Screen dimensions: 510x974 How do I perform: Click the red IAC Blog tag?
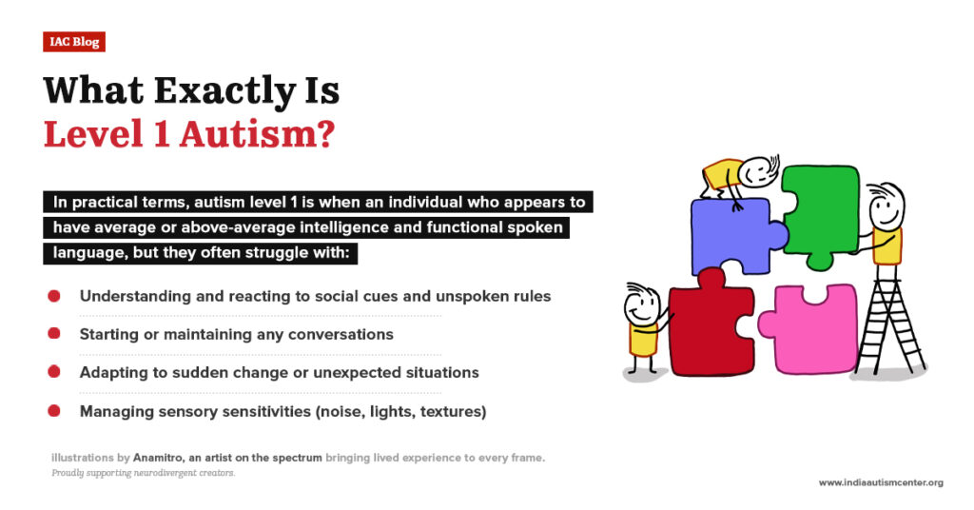pos(73,41)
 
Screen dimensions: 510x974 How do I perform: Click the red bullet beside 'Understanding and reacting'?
pos(54,296)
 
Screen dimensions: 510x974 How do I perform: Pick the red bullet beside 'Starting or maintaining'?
pos(54,334)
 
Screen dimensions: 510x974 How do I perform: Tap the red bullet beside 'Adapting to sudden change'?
pos(54,372)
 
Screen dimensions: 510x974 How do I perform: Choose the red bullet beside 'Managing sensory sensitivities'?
pos(54,411)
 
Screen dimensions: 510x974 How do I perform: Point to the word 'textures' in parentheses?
pos(451,411)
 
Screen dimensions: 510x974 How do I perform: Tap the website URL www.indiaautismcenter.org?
pos(880,483)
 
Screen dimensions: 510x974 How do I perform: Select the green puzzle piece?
pos(819,215)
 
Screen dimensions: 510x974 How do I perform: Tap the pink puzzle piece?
pos(808,328)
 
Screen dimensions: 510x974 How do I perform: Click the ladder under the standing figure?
pos(889,324)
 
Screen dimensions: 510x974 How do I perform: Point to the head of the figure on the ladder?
pos(886,203)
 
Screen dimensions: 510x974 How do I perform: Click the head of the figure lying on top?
pos(757,171)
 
